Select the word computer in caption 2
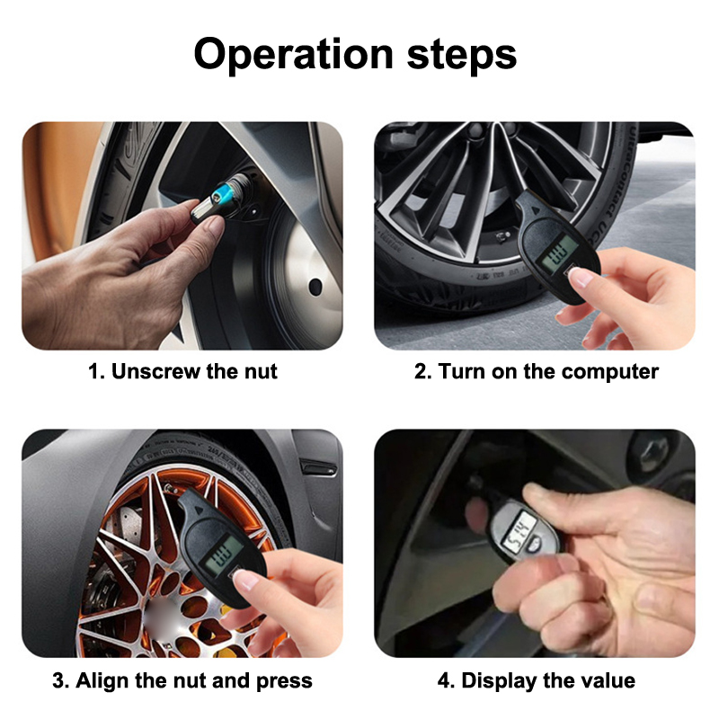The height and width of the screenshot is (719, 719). [610, 372]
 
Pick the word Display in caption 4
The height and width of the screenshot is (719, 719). [499, 680]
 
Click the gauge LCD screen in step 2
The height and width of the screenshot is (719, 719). [559, 253]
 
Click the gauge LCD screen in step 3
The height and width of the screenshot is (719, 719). [223, 555]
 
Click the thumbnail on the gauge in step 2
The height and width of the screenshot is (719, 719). [581, 278]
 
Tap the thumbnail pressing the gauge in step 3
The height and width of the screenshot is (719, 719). [245, 580]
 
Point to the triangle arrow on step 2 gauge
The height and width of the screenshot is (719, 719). [535, 209]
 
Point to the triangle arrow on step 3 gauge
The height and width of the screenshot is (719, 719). [199, 510]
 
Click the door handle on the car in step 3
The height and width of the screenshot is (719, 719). [319, 467]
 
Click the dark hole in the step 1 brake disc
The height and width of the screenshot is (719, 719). [315, 287]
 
